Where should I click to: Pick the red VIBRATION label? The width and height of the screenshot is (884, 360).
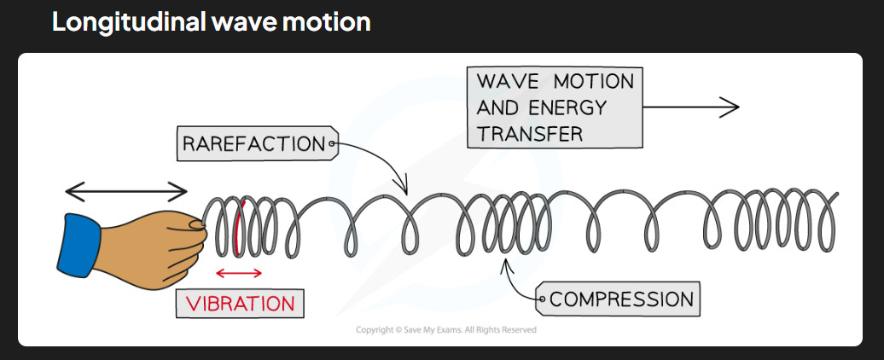240,304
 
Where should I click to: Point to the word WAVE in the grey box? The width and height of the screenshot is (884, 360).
507,82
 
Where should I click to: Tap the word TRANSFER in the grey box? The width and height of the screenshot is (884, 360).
530,134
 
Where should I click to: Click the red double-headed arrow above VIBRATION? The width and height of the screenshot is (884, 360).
239,273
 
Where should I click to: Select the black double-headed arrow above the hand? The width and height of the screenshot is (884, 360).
126,192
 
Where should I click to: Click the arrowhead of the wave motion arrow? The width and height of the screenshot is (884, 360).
730,107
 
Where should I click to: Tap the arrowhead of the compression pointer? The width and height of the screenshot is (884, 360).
505,264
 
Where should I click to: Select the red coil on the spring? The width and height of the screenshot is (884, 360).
238,226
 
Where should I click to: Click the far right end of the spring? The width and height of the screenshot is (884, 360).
836,195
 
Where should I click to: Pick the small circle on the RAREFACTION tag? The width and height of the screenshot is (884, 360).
332,143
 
